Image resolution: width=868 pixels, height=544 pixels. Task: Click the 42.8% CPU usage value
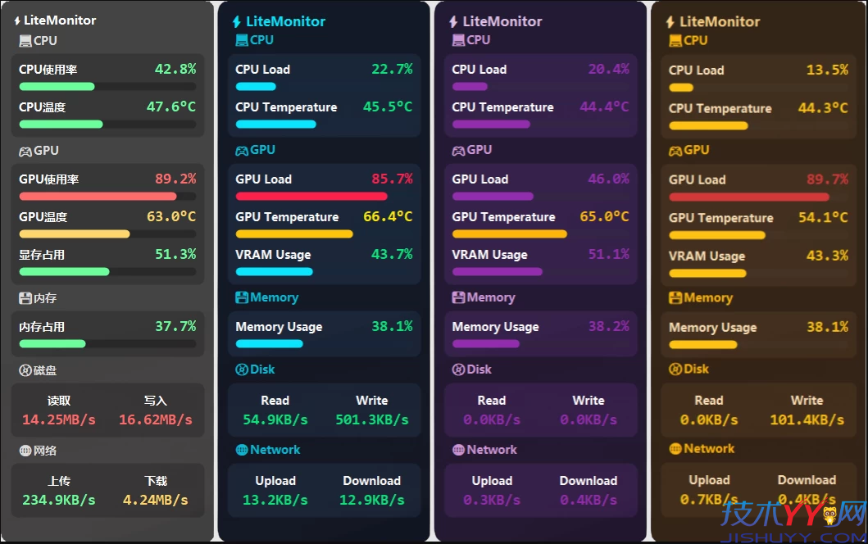coord(175,70)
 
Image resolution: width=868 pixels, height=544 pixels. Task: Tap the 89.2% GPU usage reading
coord(175,179)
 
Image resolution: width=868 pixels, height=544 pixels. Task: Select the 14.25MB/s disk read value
coord(59,419)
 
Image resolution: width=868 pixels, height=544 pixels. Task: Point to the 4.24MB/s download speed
coord(155,499)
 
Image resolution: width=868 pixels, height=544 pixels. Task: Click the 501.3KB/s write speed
coord(371,419)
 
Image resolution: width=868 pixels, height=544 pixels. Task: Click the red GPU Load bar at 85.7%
coord(311,197)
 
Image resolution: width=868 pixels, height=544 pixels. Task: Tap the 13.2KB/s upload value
coord(275,500)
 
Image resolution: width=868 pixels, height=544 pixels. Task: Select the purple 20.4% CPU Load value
coord(608,70)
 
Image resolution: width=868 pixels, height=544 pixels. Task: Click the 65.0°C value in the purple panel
coord(604,217)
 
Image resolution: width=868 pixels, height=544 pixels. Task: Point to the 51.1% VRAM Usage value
coord(608,255)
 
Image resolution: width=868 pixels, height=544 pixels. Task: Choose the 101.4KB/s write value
coord(807,419)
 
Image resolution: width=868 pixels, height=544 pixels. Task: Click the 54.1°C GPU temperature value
coord(823,218)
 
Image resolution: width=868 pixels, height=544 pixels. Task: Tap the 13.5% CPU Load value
coord(827,70)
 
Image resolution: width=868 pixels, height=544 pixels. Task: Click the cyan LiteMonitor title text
coord(285,21)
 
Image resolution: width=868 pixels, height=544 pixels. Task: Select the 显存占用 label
coord(42,255)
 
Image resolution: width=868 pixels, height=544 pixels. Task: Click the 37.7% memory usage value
coord(175,327)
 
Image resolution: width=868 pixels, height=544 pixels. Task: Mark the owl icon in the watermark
coord(829,515)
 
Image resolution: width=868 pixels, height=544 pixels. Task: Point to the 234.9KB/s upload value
coord(59,499)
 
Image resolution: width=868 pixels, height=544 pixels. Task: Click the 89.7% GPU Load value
coord(827,180)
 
